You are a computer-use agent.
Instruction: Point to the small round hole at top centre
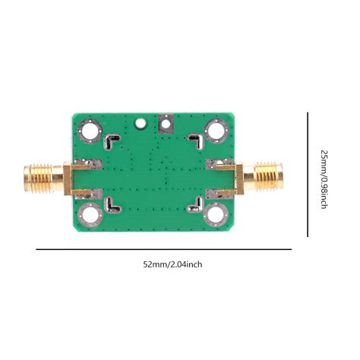[x=139, y=122]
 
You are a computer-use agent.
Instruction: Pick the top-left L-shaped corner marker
[x=113, y=141]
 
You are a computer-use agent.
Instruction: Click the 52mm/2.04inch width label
[x=173, y=264]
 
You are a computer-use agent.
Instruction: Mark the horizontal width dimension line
[x=163, y=248]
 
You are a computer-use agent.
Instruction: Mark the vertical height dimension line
[x=308, y=174]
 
